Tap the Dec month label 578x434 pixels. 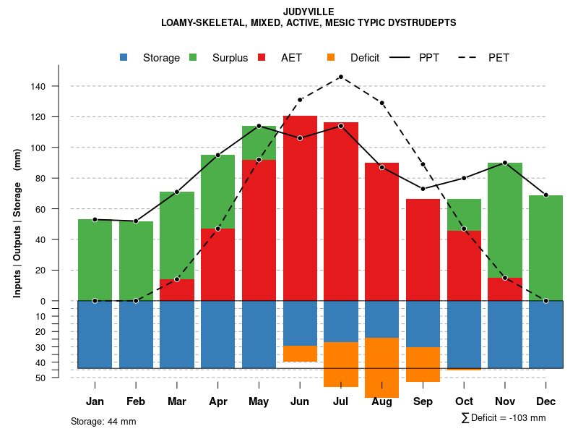tap(546, 401)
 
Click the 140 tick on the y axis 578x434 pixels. tap(38, 86)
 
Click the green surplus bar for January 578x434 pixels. tap(95, 260)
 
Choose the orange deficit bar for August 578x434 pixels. tap(381, 367)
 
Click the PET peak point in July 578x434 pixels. tap(340, 77)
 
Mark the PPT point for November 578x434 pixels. tap(505, 163)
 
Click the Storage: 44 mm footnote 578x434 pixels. tap(103, 421)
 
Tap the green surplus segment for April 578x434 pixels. tap(217, 192)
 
